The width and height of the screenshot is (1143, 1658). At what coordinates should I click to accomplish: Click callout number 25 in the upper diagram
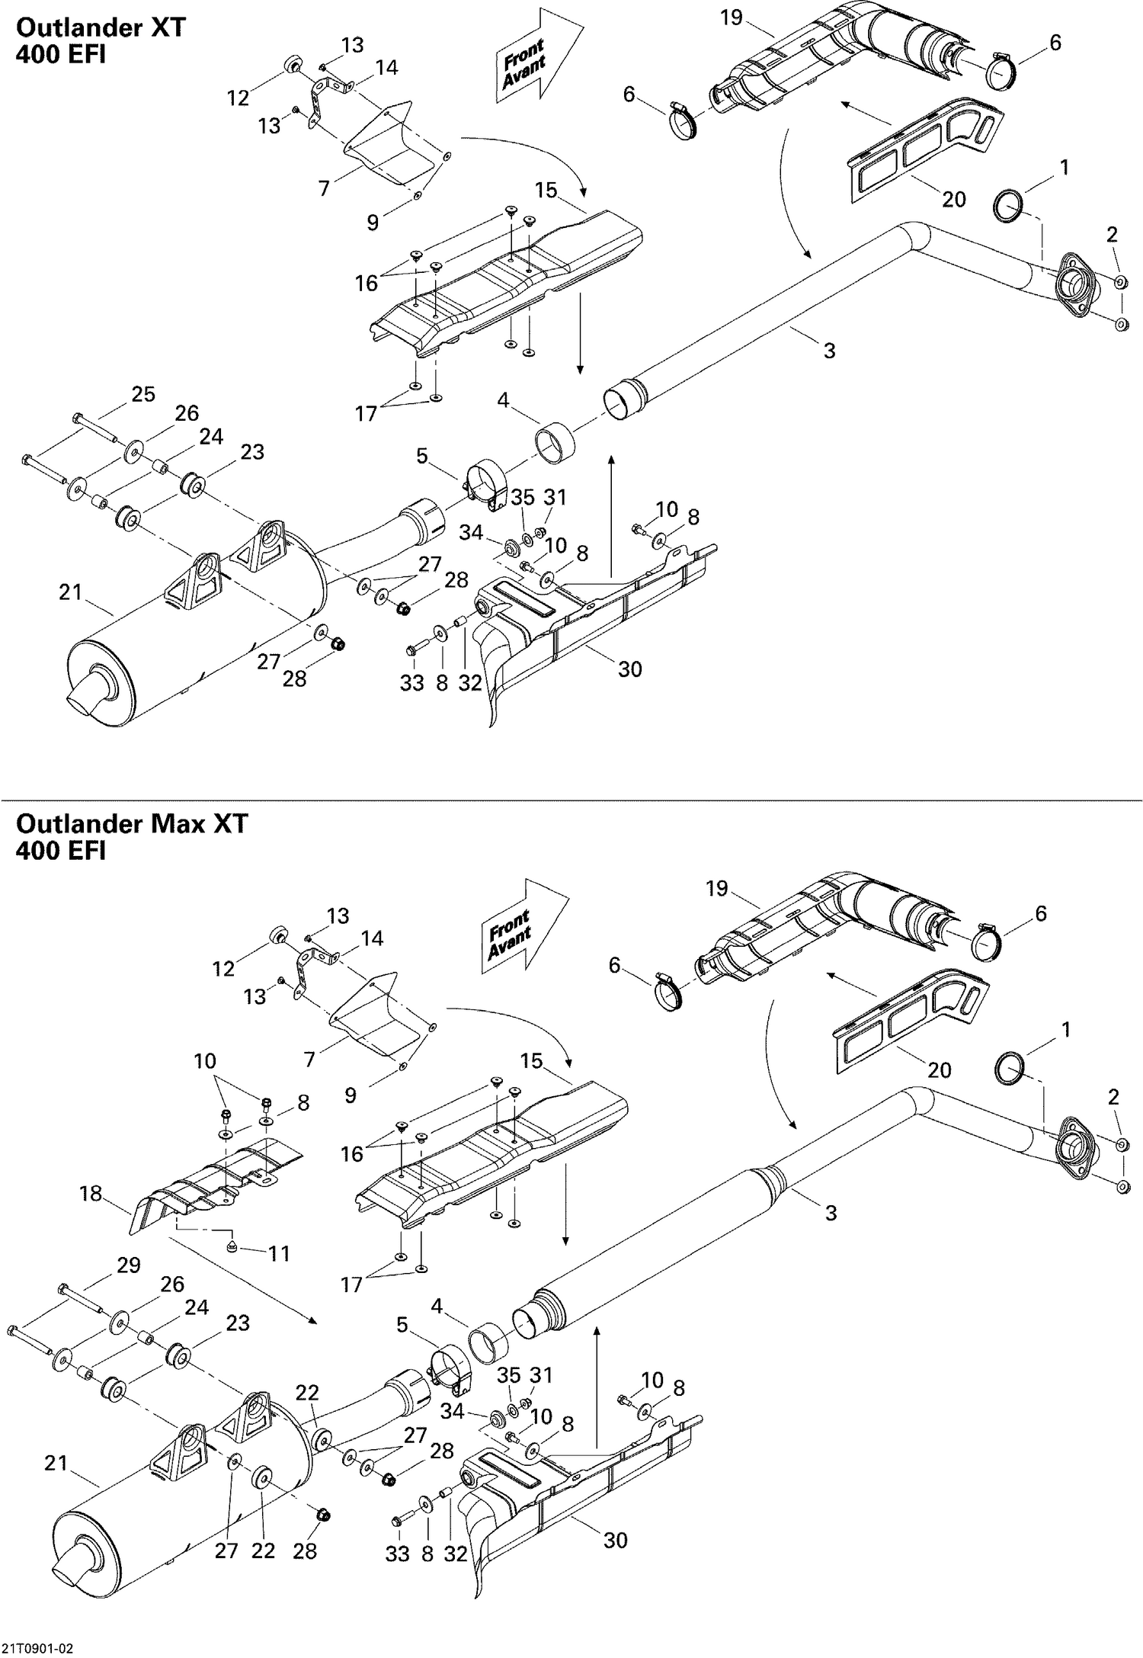(142, 394)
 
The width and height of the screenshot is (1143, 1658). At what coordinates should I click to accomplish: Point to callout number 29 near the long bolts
(128, 1265)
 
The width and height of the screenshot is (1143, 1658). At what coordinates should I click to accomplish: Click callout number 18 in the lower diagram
(91, 1193)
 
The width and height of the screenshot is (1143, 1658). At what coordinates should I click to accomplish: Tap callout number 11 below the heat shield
(279, 1252)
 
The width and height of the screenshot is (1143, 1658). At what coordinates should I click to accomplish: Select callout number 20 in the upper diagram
(953, 199)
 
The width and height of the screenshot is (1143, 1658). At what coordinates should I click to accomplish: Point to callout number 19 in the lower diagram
(716, 888)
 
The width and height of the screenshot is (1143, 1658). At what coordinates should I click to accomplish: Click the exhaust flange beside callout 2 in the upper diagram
(1074, 288)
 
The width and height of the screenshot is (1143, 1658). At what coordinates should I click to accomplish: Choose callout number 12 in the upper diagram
(238, 98)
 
